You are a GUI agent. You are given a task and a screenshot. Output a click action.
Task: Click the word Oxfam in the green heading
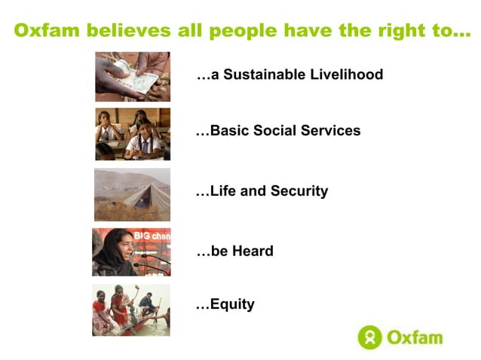[x=47, y=32]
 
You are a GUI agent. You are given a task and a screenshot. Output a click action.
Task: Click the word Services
[x=330, y=131]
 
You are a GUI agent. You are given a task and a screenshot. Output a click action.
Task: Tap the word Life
[x=223, y=191]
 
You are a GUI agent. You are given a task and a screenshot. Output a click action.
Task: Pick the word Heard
[x=253, y=252]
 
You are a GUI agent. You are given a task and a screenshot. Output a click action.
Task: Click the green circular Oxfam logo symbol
[x=369, y=337]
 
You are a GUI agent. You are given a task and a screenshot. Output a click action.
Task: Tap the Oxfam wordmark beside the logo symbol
[x=415, y=337]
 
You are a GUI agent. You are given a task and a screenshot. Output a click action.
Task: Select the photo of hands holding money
[x=132, y=76]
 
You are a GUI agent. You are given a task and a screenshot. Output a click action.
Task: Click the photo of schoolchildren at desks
[x=132, y=134]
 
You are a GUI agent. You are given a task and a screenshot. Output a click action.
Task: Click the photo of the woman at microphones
[x=131, y=252]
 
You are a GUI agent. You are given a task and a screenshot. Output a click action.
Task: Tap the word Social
[x=276, y=131]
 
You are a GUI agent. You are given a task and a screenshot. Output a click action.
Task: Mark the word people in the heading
[x=241, y=32]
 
